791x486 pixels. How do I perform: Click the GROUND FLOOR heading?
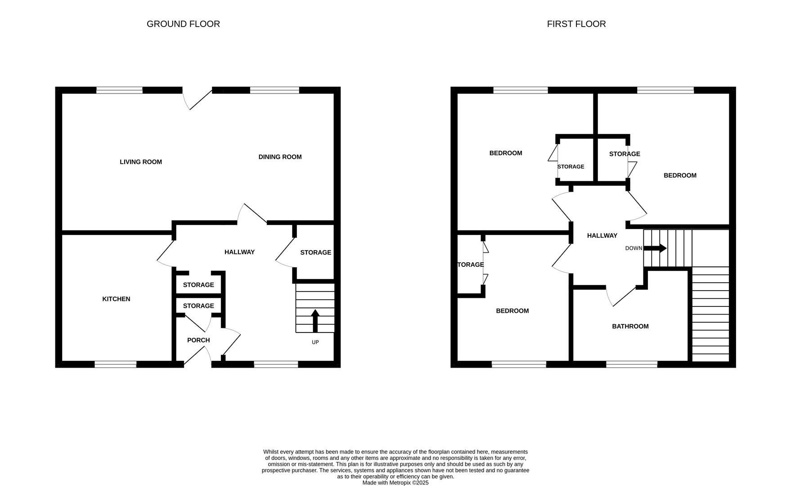pyautogui.click(x=183, y=24)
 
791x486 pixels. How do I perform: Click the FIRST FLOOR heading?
pyautogui.click(x=576, y=24)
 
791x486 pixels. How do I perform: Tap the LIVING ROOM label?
pyautogui.click(x=140, y=162)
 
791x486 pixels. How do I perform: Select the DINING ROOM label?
pyautogui.click(x=280, y=157)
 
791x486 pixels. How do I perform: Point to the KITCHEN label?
pyautogui.click(x=116, y=299)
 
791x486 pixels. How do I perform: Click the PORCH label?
pyautogui.click(x=198, y=340)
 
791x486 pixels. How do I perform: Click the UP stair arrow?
pyautogui.click(x=315, y=320)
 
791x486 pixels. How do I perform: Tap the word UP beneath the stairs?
pyautogui.click(x=315, y=342)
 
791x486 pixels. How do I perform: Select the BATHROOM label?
pyautogui.click(x=630, y=326)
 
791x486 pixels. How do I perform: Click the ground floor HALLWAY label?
pyautogui.click(x=239, y=252)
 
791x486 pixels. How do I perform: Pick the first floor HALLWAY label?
pyautogui.click(x=602, y=235)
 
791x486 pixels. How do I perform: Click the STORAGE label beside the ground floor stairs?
pyautogui.click(x=315, y=252)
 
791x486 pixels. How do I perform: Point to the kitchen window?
pyautogui.click(x=115, y=364)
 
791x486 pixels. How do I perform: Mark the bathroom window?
pyautogui.click(x=631, y=364)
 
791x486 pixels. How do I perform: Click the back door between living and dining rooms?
pyautogui.click(x=198, y=98)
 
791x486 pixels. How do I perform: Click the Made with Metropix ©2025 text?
pyautogui.click(x=395, y=483)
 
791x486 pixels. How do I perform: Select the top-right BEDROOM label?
pyautogui.click(x=679, y=175)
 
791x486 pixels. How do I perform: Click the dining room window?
pyautogui.click(x=274, y=90)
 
